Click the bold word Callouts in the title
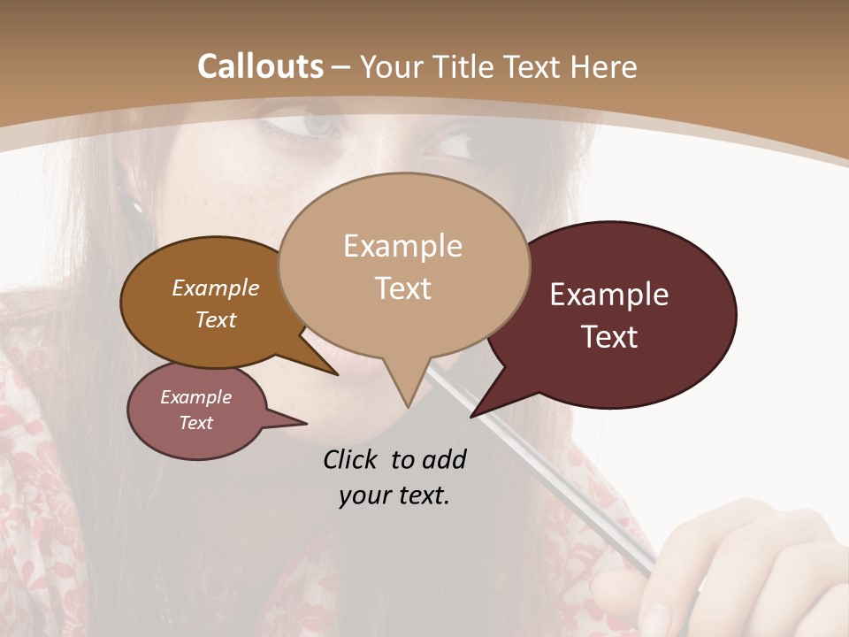pos(260,66)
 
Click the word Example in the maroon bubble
pos(609,295)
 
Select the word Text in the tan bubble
pos(403,288)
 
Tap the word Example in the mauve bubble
pos(196,397)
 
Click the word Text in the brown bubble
pos(216,320)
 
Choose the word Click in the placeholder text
pos(351,459)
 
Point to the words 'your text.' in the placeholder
pos(394,496)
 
